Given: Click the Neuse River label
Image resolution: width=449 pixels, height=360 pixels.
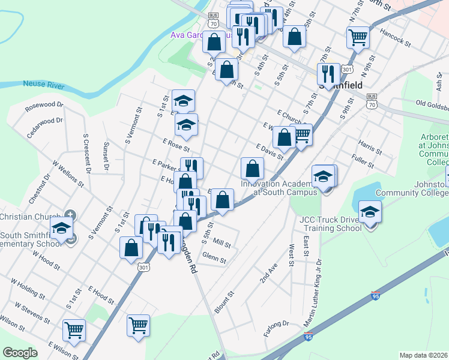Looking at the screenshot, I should pyautogui.click(x=43, y=85).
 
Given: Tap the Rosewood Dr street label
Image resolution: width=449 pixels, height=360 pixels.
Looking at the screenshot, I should pyautogui.click(x=44, y=107).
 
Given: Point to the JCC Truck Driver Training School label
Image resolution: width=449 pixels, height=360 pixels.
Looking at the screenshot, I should pyautogui.click(x=333, y=224).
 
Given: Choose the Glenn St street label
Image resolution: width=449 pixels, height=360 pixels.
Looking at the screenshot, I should pyautogui.click(x=214, y=260).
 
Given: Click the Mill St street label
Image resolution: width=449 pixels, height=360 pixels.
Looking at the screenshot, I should pyautogui.click(x=221, y=244).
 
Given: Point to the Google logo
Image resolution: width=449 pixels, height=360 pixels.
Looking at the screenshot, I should pyautogui.click(x=20, y=353).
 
